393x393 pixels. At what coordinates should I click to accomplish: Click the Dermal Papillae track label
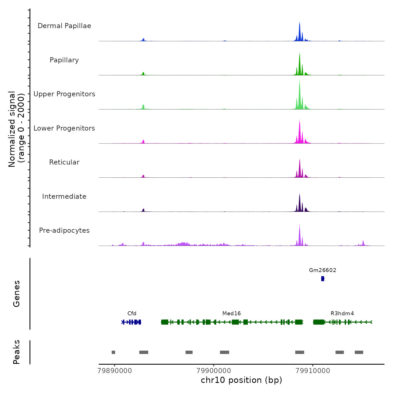(x=64, y=26)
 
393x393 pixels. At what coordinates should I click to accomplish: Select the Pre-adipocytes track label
(x=64, y=230)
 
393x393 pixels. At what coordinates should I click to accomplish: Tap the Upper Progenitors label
(x=64, y=94)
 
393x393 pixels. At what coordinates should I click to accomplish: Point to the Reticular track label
(x=64, y=162)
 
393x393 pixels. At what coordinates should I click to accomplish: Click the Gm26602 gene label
(x=323, y=270)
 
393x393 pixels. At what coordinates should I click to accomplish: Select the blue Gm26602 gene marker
(x=323, y=278)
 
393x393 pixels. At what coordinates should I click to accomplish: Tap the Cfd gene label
(x=132, y=314)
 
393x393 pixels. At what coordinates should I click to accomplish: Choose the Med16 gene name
(x=231, y=314)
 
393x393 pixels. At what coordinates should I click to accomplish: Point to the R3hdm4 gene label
(x=342, y=314)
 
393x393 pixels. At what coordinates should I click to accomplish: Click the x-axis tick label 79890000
(x=115, y=371)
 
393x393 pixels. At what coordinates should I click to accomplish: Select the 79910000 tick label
(x=313, y=371)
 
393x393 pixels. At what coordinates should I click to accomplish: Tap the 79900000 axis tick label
(x=214, y=371)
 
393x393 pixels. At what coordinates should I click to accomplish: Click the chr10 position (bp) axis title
(x=241, y=380)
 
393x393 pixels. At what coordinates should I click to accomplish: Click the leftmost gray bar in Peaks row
(x=113, y=352)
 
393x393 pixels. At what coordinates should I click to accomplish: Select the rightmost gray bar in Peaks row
(x=359, y=352)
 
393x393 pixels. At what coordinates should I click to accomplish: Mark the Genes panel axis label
(x=17, y=294)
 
